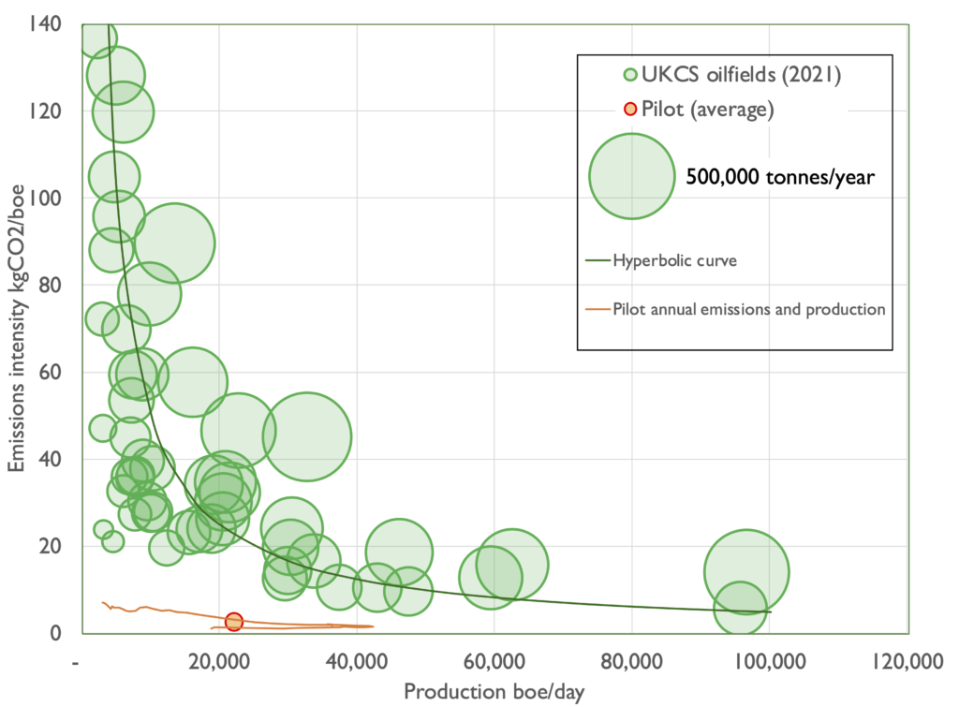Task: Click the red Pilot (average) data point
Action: pyautogui.click(x=234, y=622)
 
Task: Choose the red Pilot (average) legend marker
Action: pyautogui.click(x=630, y=110)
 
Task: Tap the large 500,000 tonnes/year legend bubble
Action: pyautogui.click(x=631, y=175)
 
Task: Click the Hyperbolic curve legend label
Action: pyautogui.click(x=674, y=259)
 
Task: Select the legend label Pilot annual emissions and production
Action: pyautogui.click(x=748, y=309)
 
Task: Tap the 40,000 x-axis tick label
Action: pyautogui.click(x=356, y=661)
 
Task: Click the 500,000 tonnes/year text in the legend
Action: pyautogui.click(x=779, y=176)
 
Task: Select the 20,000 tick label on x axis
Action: pyautogui.click(x=218, y=661)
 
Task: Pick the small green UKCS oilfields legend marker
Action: pyautogui.click(x=630, y=76)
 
